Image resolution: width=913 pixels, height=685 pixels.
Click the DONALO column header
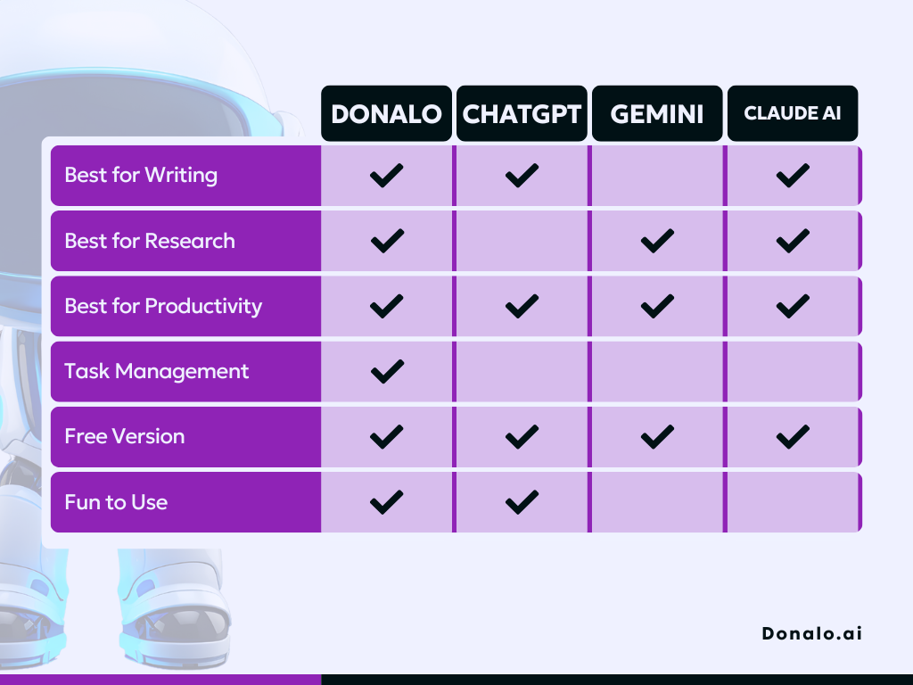coord(386,113)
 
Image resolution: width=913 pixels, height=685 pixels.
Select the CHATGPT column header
coord(522,113)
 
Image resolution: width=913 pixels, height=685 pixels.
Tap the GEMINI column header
coord(657,113)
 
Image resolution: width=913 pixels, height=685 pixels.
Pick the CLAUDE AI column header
coord(793,113)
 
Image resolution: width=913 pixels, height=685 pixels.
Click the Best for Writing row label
coord(141,176)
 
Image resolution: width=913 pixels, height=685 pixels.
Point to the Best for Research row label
coord(150,241)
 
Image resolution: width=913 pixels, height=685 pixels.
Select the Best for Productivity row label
coord(163,307)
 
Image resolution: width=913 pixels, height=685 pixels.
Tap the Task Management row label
coord(157,372)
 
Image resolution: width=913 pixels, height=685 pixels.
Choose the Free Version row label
coord(125,437)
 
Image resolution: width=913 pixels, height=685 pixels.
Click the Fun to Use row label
coord(116,502)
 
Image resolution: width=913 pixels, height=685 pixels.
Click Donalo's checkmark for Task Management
coord(387,372)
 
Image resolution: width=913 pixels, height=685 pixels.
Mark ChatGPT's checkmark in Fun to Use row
coord(522,502)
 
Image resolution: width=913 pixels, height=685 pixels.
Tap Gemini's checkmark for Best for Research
coord(657,241)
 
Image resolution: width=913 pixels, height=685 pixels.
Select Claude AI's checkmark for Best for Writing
coord(793,176)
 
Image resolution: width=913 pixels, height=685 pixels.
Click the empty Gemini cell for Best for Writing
coord(657,176)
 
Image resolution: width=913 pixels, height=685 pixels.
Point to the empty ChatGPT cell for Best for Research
coord(522,241)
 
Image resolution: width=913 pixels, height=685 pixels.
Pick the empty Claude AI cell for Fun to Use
coord(793,502)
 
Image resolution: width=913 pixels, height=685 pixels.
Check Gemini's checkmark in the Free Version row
coord(657,437)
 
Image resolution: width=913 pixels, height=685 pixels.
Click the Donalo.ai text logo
coord(811,633)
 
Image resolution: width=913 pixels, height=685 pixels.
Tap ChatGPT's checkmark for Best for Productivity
coord(522,307)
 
